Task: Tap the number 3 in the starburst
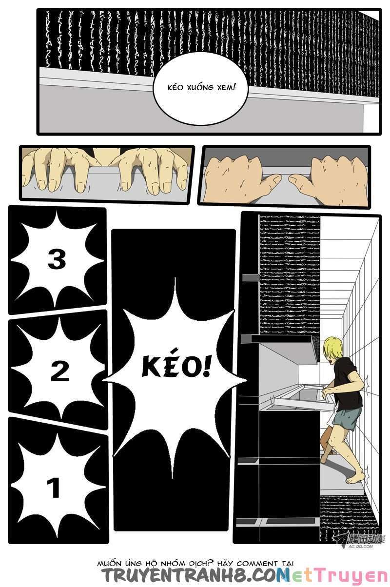57,259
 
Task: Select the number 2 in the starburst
59,372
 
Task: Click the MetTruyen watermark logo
336,576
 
